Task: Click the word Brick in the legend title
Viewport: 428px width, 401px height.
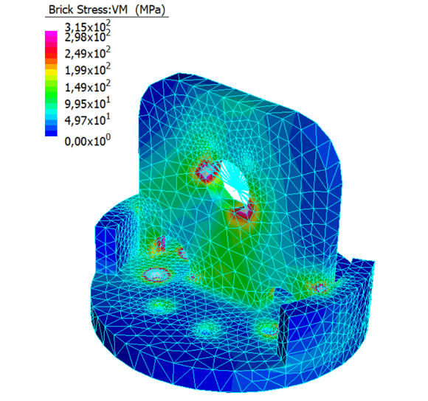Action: pos(61,10)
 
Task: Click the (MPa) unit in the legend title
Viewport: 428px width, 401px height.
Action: pos(151,10)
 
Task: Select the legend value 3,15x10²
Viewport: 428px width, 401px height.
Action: pos(87,27)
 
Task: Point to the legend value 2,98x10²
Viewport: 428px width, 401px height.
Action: pos(87,37)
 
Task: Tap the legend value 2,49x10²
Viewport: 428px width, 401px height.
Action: pos(87,53)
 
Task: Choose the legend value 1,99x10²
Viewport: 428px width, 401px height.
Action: pos(87,70)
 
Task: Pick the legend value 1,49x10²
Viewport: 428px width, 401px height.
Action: pos(87,87)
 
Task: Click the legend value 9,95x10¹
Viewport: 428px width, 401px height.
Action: pos(87,103)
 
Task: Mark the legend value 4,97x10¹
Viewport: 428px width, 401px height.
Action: pos(87,120)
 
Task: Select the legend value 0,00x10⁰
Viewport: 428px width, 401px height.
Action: pos(87,141)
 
